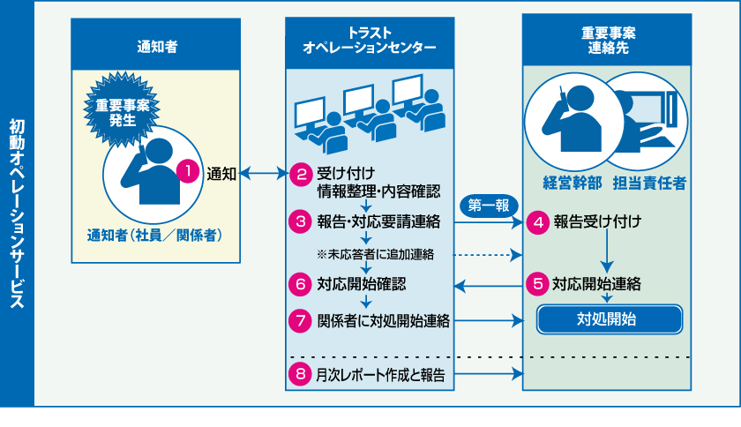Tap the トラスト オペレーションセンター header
(x=370, y=41)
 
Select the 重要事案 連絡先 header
(x=607, y=41)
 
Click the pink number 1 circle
(x=187, y=171)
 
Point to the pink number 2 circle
(x=301, y=173)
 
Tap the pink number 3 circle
(x=301, y=221)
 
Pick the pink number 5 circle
(x=537, y=284)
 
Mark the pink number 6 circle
(x=301, y=284)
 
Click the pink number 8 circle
(x=301, y=375)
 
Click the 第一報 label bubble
(x=488, y=206)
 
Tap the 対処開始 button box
(x=610, y=318)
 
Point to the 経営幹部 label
(x=572, y=183)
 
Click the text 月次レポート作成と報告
(x=380, y=376)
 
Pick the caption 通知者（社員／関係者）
(x=154, y=236)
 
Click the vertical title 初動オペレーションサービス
(x=17, y=212)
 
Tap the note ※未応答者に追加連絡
(x=375, y=254)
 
